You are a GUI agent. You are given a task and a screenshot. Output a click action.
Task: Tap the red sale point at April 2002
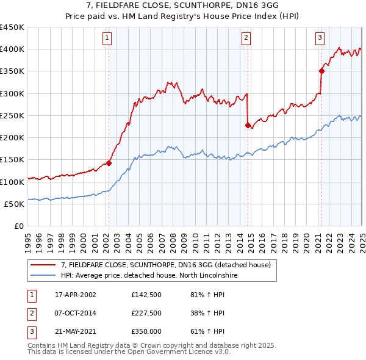coord(109,163)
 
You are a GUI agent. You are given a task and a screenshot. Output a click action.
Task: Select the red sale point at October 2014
coord(248,126)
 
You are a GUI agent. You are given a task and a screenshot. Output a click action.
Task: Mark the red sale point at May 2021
coord(321,71)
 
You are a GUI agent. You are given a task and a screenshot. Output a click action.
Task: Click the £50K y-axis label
coord(14,204)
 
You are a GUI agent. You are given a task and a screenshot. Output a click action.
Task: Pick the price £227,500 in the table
coord(146,313)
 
